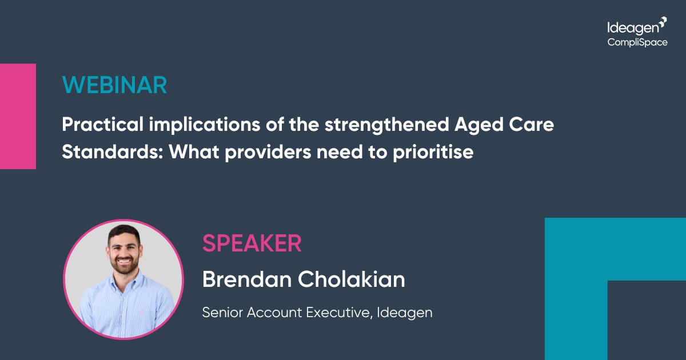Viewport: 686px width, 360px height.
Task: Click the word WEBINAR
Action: click(x=114, y=85)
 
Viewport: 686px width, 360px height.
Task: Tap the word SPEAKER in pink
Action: click(x=252, y=244)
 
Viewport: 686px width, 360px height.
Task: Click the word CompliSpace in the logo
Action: click(x=637, y=42)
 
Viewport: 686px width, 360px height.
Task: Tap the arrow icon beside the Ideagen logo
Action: click(x=663, y=22)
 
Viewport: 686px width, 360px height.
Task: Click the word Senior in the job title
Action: click(x=220, y=313)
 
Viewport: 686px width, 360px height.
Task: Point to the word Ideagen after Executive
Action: click(x=405, y=313)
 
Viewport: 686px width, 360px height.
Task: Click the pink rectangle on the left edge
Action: click(x=18, y=116)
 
